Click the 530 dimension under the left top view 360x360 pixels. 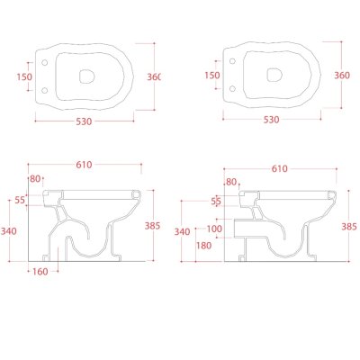(x=84, y=121)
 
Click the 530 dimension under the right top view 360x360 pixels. (x=271, y=120)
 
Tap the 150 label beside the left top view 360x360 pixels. (x=24, y=77)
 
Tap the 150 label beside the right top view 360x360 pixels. (x=212, y=75)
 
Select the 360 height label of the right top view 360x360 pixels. (x=342, y=75)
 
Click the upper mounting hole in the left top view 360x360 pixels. (x=44, y=63)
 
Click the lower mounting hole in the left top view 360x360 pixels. (x=44, y=90)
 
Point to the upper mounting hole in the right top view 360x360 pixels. (x=232, y=61)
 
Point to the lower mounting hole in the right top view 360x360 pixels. (x=232, y=88)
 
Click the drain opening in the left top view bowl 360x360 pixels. (x=87, y=76)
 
